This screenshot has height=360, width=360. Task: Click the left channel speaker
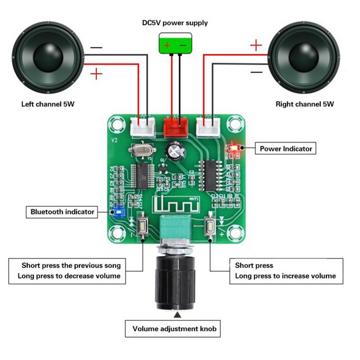48,54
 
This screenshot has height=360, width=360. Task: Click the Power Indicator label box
285,148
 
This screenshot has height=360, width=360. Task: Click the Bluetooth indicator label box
63,211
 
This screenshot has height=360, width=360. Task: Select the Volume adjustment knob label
174,329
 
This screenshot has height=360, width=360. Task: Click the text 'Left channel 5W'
48,104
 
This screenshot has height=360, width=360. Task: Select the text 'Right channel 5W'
305,104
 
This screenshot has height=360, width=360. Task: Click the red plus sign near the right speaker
256,45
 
